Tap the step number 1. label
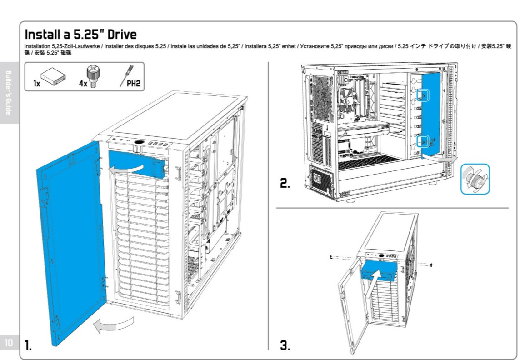(x=29, y=345)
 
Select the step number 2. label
(x=285, y=183)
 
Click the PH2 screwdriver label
(x=134, y=83)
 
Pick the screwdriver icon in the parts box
(x=126, y=75)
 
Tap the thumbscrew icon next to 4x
(x=93, y=76)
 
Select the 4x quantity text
(x=83, y=84)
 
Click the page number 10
(x=9, y=342)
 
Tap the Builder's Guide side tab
(x=9, y=93)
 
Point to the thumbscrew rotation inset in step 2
(x=475, y=179)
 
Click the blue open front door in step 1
(x=71, y=244)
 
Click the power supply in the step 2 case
(x=321, y=179)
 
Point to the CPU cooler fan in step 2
(x=346, y=100)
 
